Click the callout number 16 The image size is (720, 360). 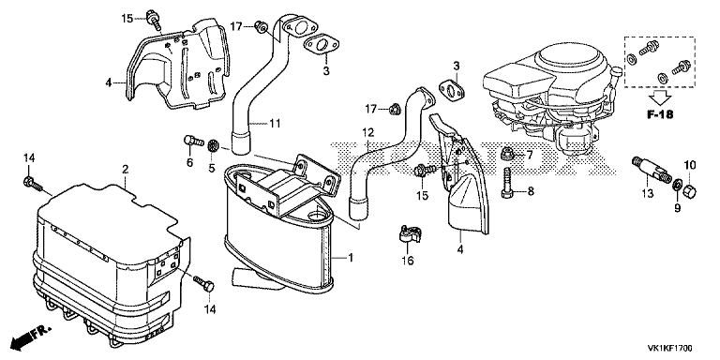[x=408, y=261]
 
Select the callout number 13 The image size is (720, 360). [x=647, y=194]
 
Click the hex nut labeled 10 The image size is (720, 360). [x=691, y=189]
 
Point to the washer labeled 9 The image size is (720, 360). [x=677, y=186]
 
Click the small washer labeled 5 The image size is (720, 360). [x=213, y=146]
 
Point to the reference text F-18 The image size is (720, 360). [x=660, y=114]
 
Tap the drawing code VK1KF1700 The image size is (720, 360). [x=670, y=349]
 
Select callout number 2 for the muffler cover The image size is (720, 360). [x=125, y=170]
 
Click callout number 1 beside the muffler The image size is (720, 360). [x=350, y=259]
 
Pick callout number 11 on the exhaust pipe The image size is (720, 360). [x=275, y=123]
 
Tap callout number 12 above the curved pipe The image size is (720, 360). [x=368, y=133]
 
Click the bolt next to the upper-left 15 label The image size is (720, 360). [x=153, y=19]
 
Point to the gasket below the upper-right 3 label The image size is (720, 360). [x=451, y=90]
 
